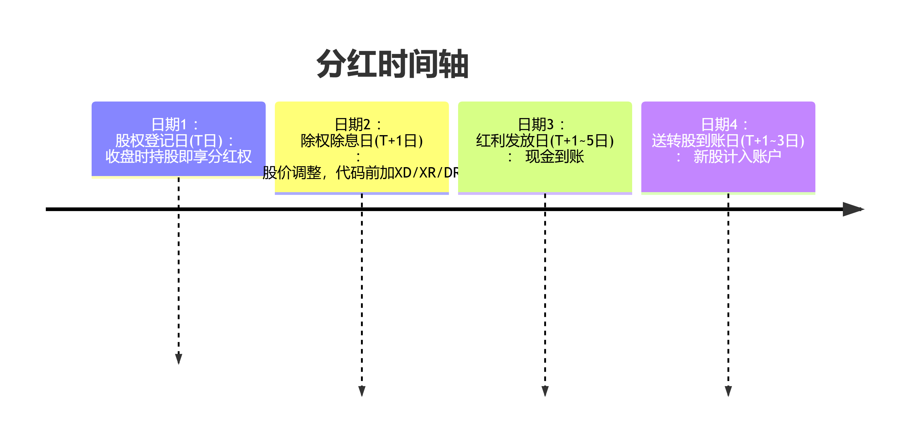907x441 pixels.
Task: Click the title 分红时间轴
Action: coord(393,64)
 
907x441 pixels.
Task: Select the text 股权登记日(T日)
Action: coord(169,141)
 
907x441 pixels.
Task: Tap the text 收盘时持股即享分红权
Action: coord(179,156)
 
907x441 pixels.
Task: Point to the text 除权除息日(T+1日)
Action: coord(362,141)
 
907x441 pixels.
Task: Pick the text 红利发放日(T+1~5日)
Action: coord(545,141)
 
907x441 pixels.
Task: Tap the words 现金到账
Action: coord(555,156)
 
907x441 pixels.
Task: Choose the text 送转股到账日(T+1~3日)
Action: coord(728,141)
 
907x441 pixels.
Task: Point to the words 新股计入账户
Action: coord(738,156)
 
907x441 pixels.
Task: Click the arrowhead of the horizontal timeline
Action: coord(853,209)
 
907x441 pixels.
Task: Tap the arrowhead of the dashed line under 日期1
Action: coord(179,359)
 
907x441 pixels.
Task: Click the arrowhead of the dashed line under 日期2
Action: coord(362,391)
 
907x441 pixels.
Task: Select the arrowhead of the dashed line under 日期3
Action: coord(545,391)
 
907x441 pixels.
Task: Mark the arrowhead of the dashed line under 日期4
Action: coord(728,391)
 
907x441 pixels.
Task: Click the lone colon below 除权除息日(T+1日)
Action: coord(358,157)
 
